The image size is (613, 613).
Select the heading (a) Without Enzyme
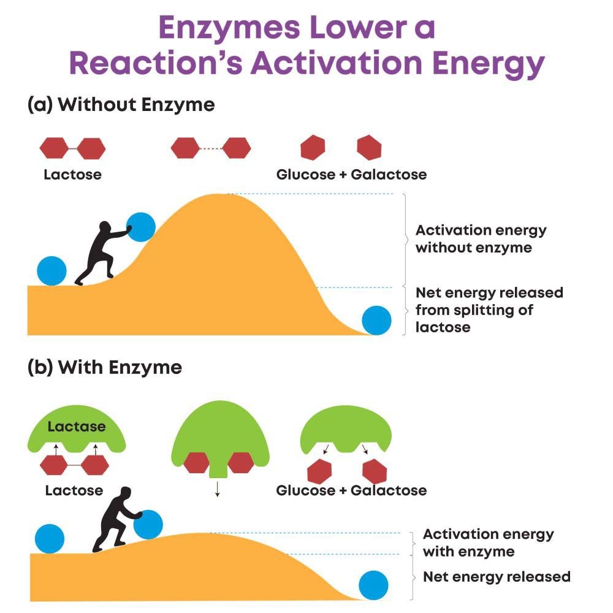121,105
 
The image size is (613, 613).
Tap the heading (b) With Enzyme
105,367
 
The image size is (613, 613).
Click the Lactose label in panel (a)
72,175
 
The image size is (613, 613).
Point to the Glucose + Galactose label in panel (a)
351,175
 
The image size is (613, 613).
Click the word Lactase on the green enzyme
77,427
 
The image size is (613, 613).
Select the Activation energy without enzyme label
481,239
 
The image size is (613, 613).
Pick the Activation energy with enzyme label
488,543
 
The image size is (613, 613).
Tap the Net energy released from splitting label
489,310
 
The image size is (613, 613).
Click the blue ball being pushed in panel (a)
141,227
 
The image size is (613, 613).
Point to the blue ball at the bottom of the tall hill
376,320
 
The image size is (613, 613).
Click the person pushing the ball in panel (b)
117,519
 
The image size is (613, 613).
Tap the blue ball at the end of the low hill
373,585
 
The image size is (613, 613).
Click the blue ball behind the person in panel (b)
50,539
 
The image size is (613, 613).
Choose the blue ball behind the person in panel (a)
51,270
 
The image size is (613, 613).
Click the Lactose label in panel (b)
74,490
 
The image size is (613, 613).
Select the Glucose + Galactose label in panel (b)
351,490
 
